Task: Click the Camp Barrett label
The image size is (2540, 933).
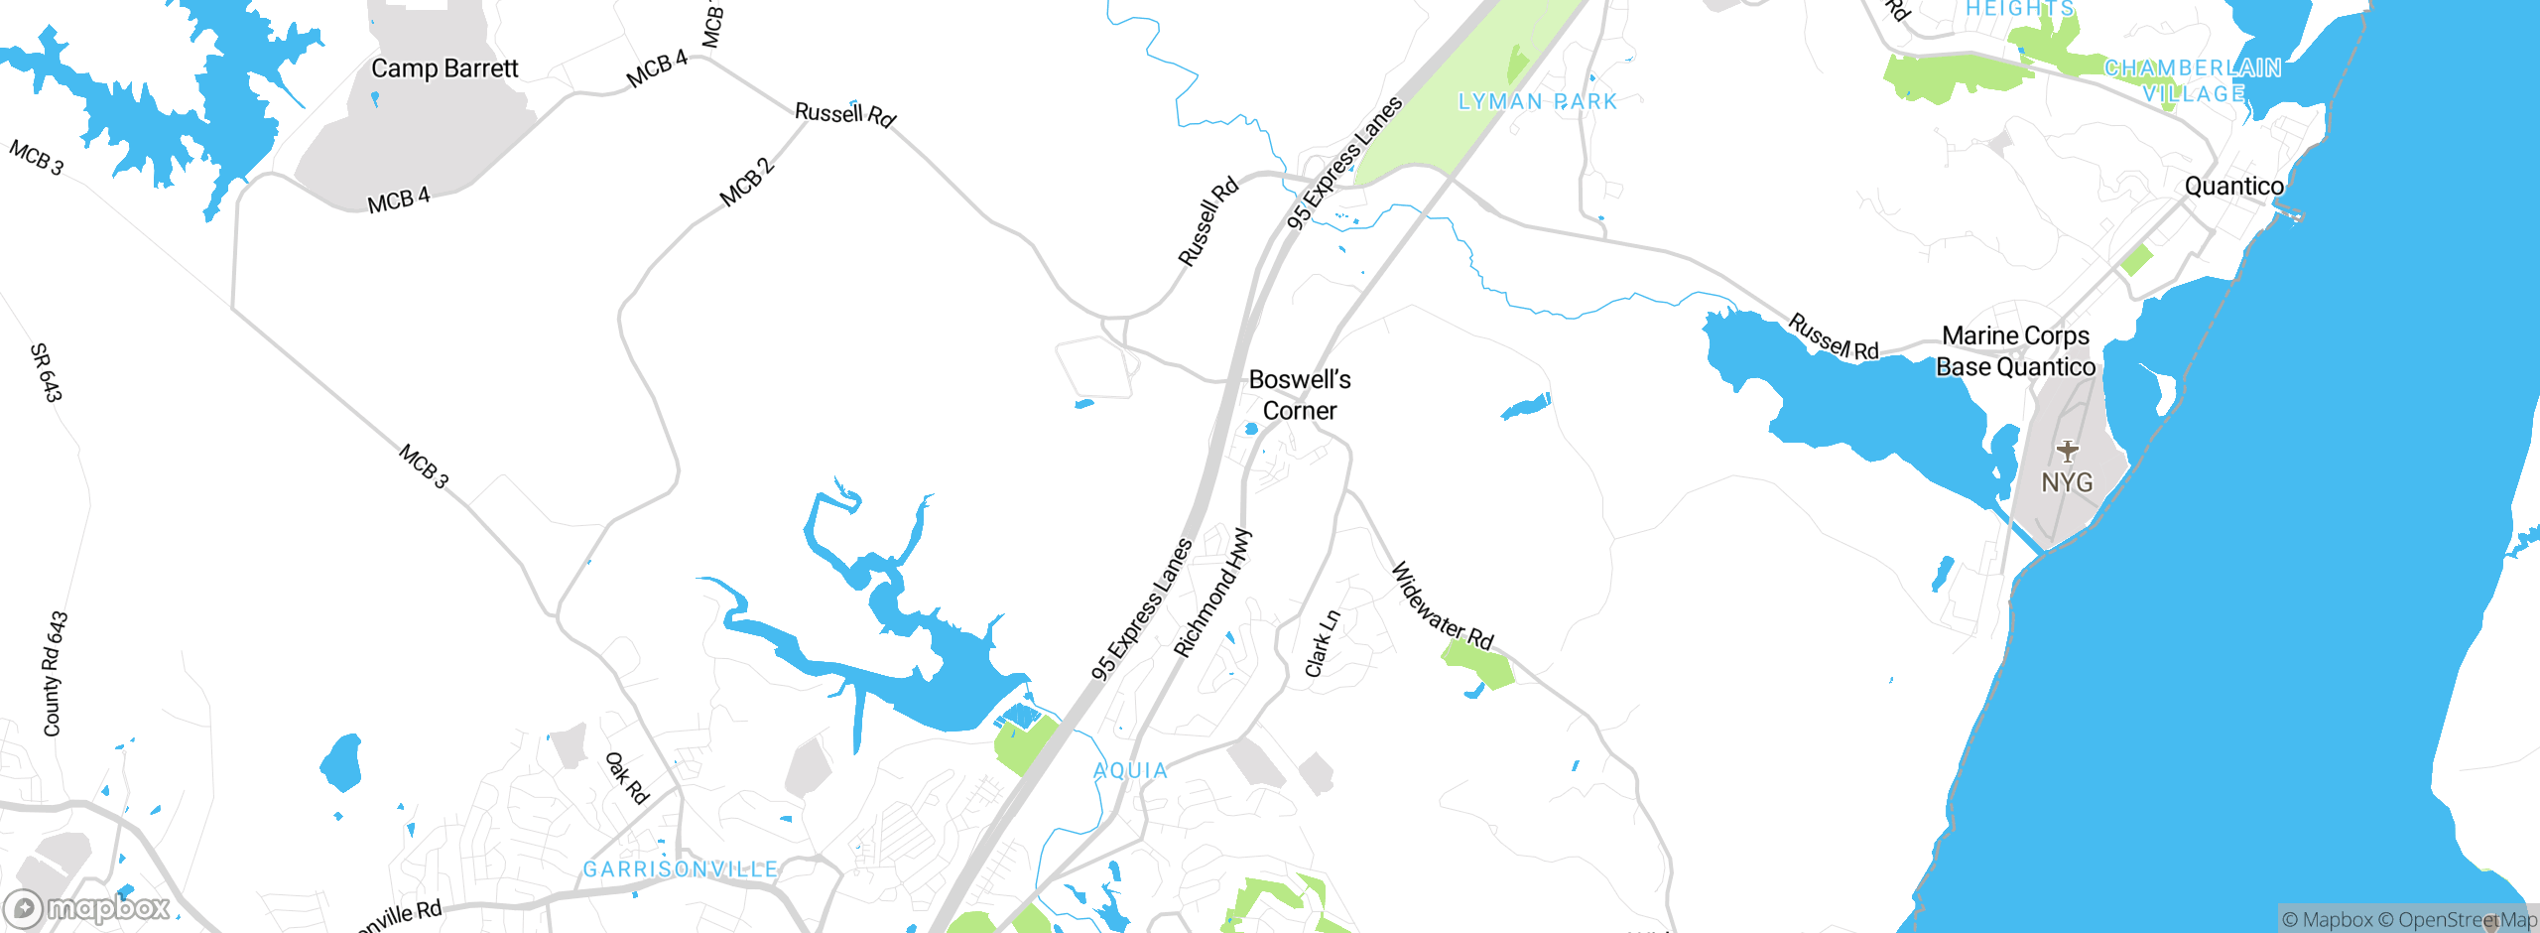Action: coord(444,68)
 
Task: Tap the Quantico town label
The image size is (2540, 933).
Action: coord(2233,187)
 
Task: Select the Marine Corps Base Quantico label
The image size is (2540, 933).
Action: coord(2015,351)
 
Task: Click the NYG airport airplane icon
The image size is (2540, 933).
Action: coord(2068,452)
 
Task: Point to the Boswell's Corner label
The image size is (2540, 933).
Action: coord(1300,395)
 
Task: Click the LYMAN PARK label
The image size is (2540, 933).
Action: coord(1537,101)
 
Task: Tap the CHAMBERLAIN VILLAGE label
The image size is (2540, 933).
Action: coord(2193,80)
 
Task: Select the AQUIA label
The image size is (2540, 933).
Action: coord(1130,770)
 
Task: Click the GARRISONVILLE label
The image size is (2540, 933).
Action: coord(681,869)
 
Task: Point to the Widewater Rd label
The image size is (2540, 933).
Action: coord(1443,606)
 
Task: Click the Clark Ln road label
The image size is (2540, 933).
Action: coord(1322,644)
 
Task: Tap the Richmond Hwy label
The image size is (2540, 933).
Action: coord(1212,594)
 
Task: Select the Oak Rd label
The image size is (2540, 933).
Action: coord(627,778)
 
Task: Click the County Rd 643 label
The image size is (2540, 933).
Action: coord(55,674)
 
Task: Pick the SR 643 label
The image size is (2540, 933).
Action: coord(46,372)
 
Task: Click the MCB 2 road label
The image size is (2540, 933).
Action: coord(746,183)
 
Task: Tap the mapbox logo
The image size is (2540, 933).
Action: coord(87,907)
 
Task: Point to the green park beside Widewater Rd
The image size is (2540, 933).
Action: coord(1478,666)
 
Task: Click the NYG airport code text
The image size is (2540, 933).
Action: coord(2067,483)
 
